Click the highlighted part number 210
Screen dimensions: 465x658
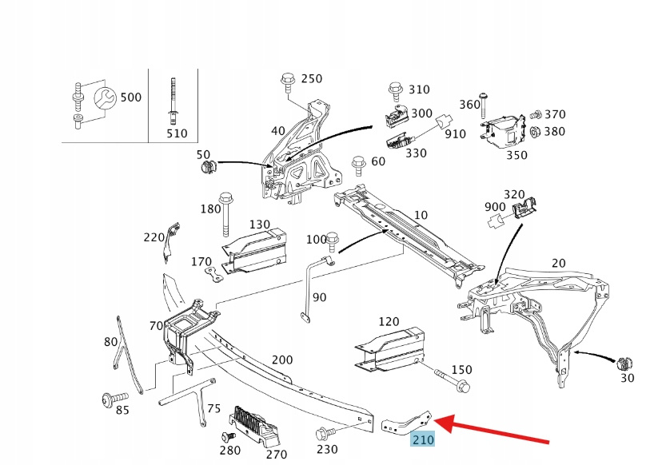[422, 439]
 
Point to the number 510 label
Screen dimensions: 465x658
[177, 133]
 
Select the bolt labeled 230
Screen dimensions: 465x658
[323, 433]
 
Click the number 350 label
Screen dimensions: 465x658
[516, 154]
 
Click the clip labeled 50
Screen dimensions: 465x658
[209, 167]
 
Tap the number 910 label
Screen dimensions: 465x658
[455, 133]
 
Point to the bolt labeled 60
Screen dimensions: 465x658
[359, 163]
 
